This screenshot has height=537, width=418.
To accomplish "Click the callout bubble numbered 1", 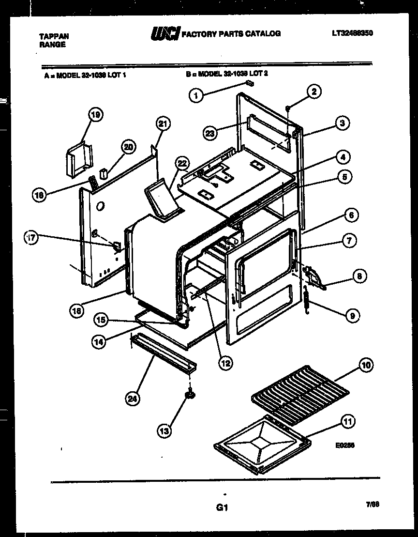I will [195, 96].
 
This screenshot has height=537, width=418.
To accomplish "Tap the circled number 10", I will [366, 365].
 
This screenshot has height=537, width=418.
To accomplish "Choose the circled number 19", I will [96, 115].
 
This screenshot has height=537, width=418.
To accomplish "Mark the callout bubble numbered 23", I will [209, 134].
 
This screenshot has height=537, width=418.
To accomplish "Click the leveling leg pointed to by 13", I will [190, 395].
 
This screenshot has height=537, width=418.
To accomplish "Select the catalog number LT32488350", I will [352, 33].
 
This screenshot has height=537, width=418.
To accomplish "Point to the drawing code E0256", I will [344, 445].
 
